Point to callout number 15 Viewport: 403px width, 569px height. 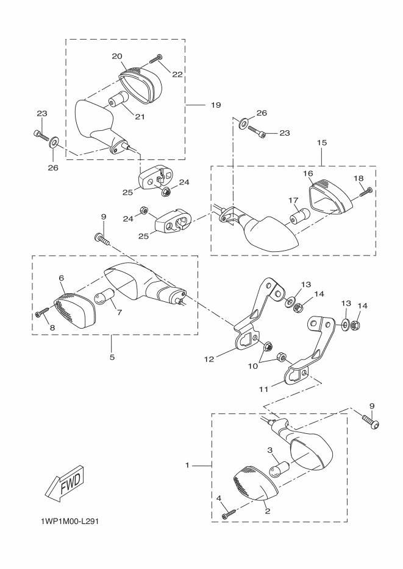pyautogui.click(x=322, y=142)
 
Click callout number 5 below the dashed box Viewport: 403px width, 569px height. pyautogui.click(x=112, y=357)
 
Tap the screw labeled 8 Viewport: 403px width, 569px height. pyautogui.click(x=42, y=312)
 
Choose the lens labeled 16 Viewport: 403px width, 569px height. pyautogui.click(x=329, y=194)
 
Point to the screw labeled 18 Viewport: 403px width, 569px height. pyautogui.click(x=366, y=193)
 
